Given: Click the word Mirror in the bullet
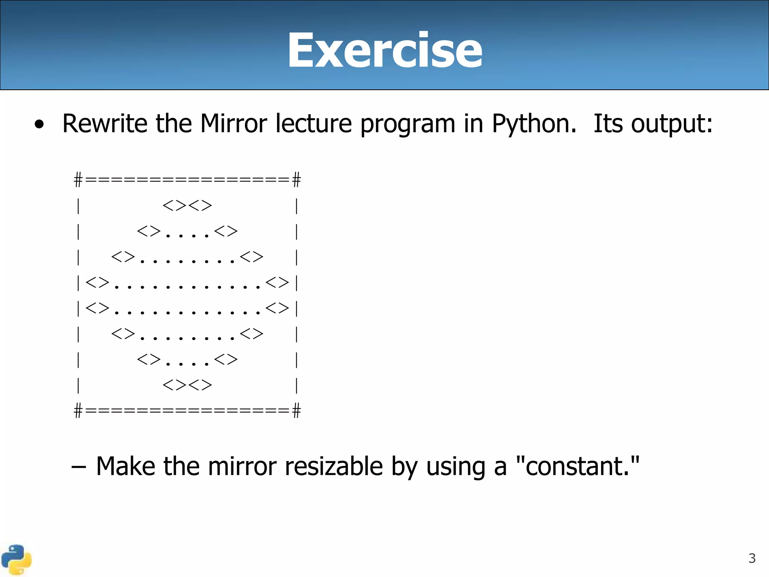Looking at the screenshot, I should click(x=233, y=124).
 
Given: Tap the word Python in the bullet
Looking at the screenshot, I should click(x=533, y=124).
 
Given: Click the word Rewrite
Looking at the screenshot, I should click(x=105, y=124).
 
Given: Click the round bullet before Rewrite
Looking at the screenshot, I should click(x=39, y=125).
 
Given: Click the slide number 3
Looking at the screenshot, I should click(x=752, y=558).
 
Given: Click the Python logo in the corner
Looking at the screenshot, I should click(x=16, y=560).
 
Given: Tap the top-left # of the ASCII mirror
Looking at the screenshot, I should click(x=78, y=180).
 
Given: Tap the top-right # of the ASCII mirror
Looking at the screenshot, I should click(x=297, y=180).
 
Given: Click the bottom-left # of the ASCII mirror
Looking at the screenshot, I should click(x=78, y=411).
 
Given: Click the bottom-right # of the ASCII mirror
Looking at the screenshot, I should click(x=297, y=411).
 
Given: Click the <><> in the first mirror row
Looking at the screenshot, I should click(x=187, y=205).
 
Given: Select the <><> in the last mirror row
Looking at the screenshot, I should click(x=187, y=385).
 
